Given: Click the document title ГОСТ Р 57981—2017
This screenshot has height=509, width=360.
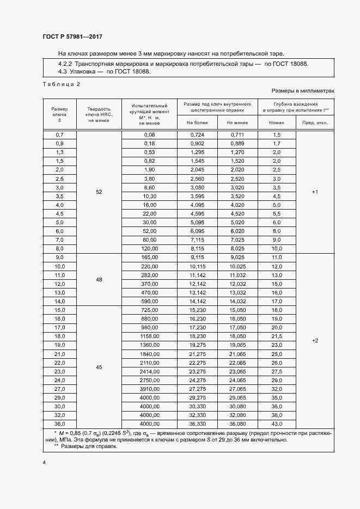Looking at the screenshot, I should point(72,36).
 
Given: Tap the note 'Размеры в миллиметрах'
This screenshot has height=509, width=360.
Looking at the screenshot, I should point(302,90).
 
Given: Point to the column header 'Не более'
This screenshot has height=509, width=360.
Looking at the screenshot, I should point(197,123).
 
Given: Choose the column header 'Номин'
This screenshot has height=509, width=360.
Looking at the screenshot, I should point(277,123).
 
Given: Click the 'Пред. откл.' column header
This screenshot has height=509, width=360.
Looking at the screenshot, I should point(314,123).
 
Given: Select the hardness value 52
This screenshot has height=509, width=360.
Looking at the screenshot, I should point(99,192).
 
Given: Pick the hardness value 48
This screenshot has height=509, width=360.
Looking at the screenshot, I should point(99,279).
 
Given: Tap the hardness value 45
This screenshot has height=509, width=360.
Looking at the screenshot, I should point(99,367).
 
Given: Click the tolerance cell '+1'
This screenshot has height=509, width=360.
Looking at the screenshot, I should point(314,192).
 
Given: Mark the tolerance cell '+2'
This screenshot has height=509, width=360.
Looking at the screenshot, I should point(314,340).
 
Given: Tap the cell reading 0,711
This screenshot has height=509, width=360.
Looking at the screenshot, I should point(237,134).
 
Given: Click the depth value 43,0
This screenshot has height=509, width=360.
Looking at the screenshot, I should point(277,424).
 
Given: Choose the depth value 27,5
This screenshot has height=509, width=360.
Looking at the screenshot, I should point(277,371).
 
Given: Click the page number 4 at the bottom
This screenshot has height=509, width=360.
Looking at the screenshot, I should point(44,462).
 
